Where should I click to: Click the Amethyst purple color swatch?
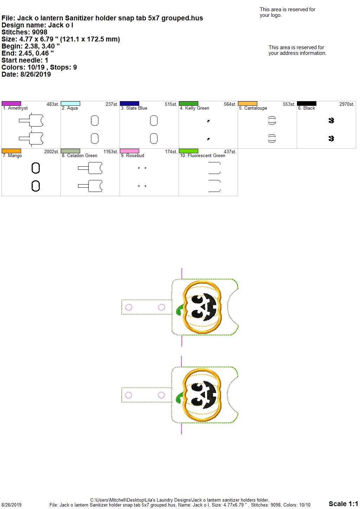pyautogui.click(x=11, y=104)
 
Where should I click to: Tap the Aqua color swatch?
pyautogui.click(x=70, y=104)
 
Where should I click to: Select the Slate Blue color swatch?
pyautogui.click(x=129, y=104)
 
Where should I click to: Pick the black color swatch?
pyautogui.click(x=307, y=104)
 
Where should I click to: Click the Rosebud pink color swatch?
pyautogui.click(x=129, y=151)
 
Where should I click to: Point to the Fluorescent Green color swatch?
pyautogui.click(x=189, y=151)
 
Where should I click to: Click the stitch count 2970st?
pyautogui.click(x=347, y=104)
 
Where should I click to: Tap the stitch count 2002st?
pyautogui.click(x=52, y=152)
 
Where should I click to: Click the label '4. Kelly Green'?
pyautogui.click(x=194, y=108)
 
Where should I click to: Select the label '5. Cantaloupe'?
pyautogui.click(x=253, y=108)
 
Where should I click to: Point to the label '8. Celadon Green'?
pyautogui.click(x=79, y=156)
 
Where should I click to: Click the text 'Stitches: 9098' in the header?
pyautogui.click(x=24, y=32)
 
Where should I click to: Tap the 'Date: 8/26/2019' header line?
pyautogui.click(x=26, y=74)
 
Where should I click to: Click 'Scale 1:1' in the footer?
pyautogui.click(x=343, y=503)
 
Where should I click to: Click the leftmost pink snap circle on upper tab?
pyautogui.click(x=129, y=307)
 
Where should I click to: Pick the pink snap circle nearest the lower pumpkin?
pyautogui.click(x=161, y=395)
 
